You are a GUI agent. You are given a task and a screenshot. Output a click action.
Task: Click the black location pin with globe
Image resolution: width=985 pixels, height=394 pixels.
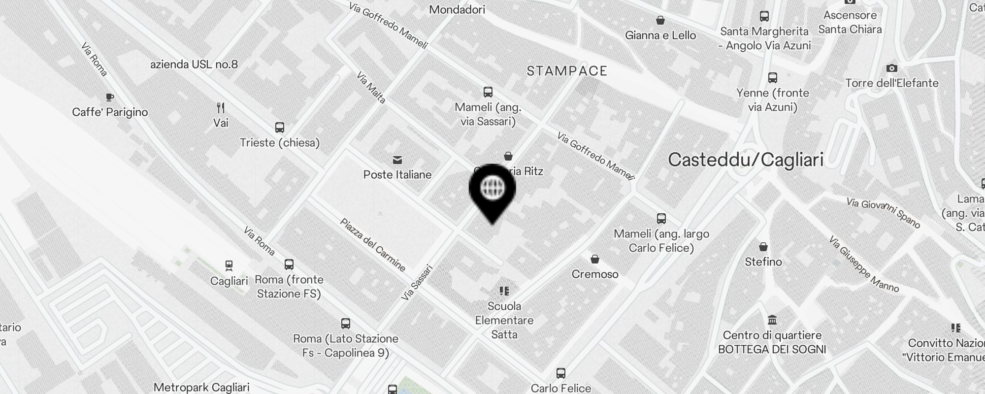click(x=492, y=190)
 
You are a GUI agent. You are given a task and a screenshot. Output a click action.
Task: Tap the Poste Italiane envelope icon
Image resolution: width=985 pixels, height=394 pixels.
click(x=397, y=160)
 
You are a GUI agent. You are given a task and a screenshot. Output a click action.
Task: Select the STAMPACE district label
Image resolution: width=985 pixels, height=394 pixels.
click(x=567, y=71)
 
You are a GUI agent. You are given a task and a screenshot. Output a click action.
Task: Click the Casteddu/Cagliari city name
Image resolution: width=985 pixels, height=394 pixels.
click(x=746, y=160)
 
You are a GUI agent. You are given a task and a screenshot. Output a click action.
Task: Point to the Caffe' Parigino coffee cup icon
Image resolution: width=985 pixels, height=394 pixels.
click(x=109, y=98)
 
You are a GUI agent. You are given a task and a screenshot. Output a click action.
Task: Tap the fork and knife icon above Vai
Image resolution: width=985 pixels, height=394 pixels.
click(x=221, y=108)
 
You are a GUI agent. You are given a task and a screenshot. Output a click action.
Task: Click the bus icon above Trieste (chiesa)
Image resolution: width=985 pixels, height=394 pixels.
click(x=280, y=128)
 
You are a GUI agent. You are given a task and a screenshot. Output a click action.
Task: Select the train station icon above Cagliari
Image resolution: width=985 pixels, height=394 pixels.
click(x=229, y=266)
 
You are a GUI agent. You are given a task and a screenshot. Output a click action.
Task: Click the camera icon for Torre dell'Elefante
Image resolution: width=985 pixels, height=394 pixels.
click(x=891, y=68)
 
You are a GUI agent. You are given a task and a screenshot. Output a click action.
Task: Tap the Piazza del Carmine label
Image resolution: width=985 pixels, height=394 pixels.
click(x=373, y=245)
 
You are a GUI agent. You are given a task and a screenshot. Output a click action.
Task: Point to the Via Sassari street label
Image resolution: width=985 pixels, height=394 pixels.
click(x=417, y=283)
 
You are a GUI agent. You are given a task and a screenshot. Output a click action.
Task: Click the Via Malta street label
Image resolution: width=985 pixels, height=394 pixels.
click(x=371, y=88)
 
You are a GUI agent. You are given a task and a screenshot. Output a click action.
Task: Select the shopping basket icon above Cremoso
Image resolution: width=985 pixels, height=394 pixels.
click(x=595, y=259)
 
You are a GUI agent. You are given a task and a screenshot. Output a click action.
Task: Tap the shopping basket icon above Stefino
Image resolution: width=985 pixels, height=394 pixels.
click(x=763, y=247)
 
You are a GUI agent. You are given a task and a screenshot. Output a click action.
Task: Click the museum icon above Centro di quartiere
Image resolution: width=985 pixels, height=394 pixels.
click(x=772, y=321)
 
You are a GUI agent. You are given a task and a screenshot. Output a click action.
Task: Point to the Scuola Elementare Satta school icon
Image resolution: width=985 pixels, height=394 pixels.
click(x=504, y=291)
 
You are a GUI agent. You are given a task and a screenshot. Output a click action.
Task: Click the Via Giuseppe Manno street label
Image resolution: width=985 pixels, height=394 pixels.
click(x=863, y=264)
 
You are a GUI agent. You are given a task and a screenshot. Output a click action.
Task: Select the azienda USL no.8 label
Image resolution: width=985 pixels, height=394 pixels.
click(x=194, y=64)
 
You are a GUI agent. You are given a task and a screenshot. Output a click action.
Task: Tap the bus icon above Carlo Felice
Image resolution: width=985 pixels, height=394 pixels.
click(x=560, y=373)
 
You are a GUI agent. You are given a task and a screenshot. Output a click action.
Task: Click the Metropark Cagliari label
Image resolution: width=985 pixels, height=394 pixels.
click(x=201, y=387)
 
